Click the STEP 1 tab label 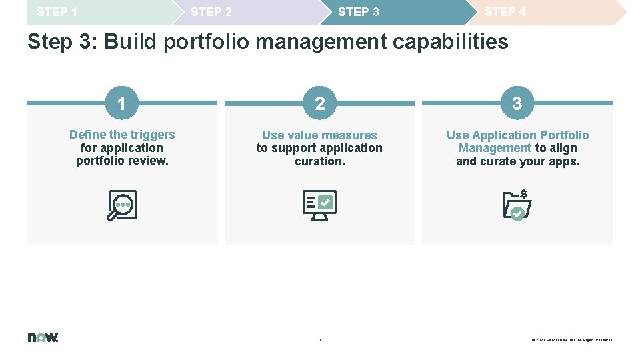(x=57, y=12)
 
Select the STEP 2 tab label (x=211, y=12)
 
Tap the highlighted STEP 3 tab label (x=359, y=12)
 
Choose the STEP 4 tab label (x=505, y=12)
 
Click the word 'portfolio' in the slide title (x=206, y=42)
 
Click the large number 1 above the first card (x=121, y=103)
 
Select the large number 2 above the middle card (x=320, y=103)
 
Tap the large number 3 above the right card (x=517, y=103)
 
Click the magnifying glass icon (x=122, y=205)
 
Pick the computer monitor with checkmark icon (x=320, y=205)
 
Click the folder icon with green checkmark (x=516, y=206)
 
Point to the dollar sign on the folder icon (x=524, y=193)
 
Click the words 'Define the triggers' (x=122, y=135)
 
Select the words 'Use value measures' (x=319, y=135)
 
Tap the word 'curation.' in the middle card (x=320, y=161)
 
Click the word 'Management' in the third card (x=495, y=148)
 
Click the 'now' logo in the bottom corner (x=43, y=337)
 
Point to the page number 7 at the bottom (x=320, y=340)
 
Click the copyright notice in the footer (x=571, y=340)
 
